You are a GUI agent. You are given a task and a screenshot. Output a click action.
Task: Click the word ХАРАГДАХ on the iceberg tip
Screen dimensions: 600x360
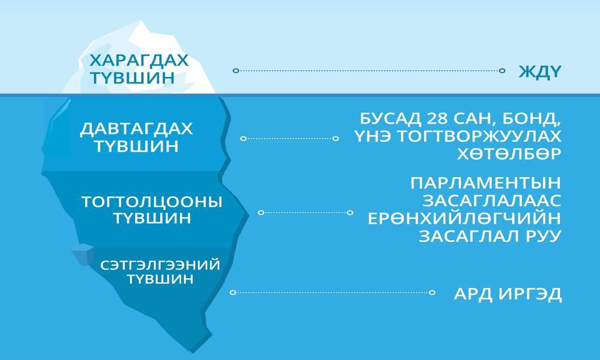click(x=139, y=61)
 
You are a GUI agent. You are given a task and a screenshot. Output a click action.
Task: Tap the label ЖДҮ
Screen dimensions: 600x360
click(x=540, y=71)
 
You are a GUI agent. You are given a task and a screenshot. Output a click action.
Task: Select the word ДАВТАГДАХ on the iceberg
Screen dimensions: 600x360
click(x=136, y=129)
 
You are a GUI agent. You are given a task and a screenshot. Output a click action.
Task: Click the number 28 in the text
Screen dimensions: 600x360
click(x=436, y=119)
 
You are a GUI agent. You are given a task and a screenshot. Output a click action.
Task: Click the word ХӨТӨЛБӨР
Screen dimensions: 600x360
click(x=509, y=154)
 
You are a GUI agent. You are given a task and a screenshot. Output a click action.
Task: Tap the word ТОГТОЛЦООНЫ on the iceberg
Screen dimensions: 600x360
click(x=152, y=202)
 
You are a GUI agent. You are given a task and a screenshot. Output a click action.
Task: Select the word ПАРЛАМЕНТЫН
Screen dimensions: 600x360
click(x=485, y=183)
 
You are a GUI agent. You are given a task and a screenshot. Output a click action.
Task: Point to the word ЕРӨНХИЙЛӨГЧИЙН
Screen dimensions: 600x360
click(x=464, y=218)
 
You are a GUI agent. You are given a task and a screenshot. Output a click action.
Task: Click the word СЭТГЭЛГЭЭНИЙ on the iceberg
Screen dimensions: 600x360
click(x=160, y=265)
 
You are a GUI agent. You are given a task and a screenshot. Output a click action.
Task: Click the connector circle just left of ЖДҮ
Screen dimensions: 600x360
click(x=502, y=70)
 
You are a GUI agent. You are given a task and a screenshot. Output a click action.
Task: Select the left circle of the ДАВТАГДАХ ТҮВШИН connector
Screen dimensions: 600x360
click(x=243, y=139)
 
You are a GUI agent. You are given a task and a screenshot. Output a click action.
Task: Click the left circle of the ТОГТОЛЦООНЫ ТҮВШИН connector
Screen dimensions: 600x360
click(x=261, y=212)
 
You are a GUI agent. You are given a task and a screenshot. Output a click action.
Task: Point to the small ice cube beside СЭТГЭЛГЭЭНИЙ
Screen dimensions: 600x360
click(x=83, y=254)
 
